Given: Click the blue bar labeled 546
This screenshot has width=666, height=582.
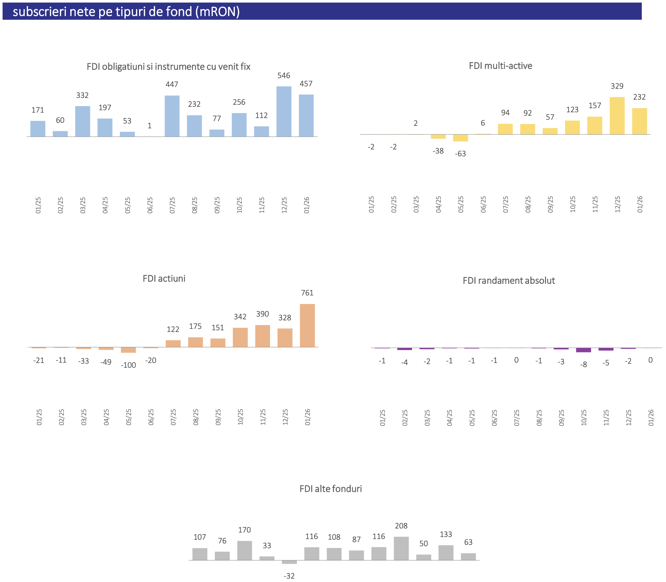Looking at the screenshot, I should coord(284,112).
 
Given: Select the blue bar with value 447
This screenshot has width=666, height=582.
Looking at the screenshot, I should coord(172,116).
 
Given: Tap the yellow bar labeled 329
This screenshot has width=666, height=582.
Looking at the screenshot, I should coord(617,116).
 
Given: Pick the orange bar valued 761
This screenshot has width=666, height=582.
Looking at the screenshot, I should coord(307,325).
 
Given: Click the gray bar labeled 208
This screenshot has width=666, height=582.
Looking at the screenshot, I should coord(401,549).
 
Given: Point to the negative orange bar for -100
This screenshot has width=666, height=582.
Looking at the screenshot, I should coord(128,350).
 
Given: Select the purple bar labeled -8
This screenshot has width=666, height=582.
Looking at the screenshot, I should coord(583,350).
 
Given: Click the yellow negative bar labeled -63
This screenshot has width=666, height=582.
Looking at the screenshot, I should coord(460,138).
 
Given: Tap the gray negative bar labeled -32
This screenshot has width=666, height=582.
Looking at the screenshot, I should coord(289,562).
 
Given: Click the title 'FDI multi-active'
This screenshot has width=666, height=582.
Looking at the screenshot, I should coord(500,66).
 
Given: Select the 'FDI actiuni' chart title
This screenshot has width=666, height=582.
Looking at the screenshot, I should coord(164,279).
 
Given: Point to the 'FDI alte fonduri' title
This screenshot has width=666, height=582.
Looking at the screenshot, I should coord(331,489).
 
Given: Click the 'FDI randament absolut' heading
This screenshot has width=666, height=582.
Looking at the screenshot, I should coord(509,281).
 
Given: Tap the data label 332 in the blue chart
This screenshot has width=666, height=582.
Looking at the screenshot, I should coord(82,96).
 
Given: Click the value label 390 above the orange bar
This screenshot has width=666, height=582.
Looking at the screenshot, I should coord(262,314).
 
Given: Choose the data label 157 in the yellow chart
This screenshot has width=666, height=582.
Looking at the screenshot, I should coord(595,106).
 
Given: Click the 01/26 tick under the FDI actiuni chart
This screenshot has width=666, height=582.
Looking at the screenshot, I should coord(307,417).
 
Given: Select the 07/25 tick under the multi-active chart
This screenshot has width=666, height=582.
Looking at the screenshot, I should coord(505,205).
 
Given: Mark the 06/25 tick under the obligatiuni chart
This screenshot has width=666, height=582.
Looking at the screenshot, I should coord(150,205).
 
